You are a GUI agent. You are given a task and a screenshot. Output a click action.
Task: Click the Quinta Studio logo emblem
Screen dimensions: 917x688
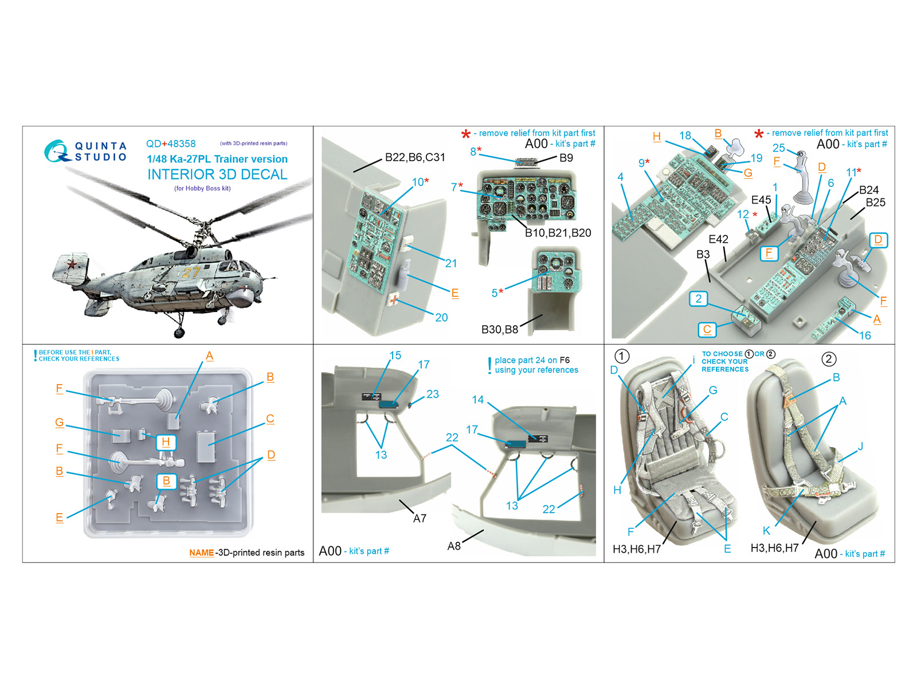[57, 151]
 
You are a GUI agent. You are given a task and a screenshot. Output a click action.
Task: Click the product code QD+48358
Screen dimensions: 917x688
[171, 144]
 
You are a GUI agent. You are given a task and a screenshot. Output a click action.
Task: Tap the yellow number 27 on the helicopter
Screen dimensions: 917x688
[191, 272]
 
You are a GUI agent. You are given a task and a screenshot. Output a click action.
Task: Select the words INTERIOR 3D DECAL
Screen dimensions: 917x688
[217, 174]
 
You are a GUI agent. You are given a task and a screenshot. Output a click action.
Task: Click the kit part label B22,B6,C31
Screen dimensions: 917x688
[415, 158]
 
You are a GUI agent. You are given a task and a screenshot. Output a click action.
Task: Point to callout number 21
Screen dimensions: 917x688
[451, 263]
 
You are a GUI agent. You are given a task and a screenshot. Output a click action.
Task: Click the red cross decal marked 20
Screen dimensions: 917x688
[394, 299]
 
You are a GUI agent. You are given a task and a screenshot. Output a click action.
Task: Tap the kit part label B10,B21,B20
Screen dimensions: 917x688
[558, 233]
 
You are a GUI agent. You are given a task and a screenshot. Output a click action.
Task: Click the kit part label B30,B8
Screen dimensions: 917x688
[500, 330]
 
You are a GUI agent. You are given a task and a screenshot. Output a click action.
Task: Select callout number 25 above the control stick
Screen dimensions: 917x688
[778, 148]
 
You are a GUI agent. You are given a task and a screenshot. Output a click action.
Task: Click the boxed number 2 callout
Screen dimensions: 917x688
[698, 299]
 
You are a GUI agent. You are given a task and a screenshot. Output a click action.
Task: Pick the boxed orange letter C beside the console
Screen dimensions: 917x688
[707, 329]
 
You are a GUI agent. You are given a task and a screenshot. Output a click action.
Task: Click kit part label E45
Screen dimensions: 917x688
[761, 200]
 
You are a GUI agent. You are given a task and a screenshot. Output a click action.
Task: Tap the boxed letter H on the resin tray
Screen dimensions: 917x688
[166, 441]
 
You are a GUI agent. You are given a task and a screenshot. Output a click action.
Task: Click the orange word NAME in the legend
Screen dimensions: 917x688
[201, 553]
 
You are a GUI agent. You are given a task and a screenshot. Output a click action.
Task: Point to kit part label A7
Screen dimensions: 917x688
[420, 518]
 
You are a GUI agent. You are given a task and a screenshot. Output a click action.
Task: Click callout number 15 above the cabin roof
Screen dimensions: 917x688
[395, 355]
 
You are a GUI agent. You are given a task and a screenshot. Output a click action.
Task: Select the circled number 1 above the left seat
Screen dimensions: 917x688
[622, 356]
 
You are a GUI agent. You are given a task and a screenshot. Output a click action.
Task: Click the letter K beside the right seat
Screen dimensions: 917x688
[766, 530]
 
